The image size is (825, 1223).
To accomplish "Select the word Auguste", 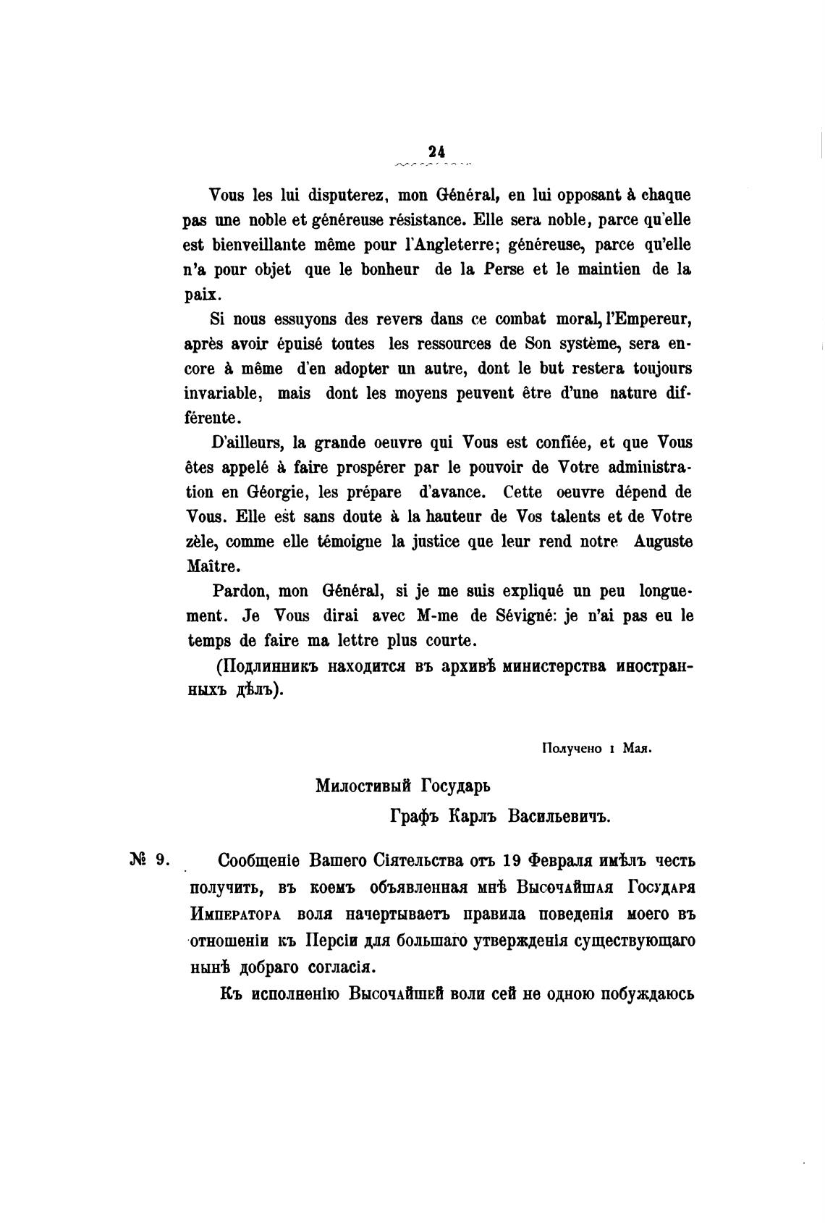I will [663, 542].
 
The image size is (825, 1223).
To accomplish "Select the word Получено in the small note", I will [572, 750].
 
